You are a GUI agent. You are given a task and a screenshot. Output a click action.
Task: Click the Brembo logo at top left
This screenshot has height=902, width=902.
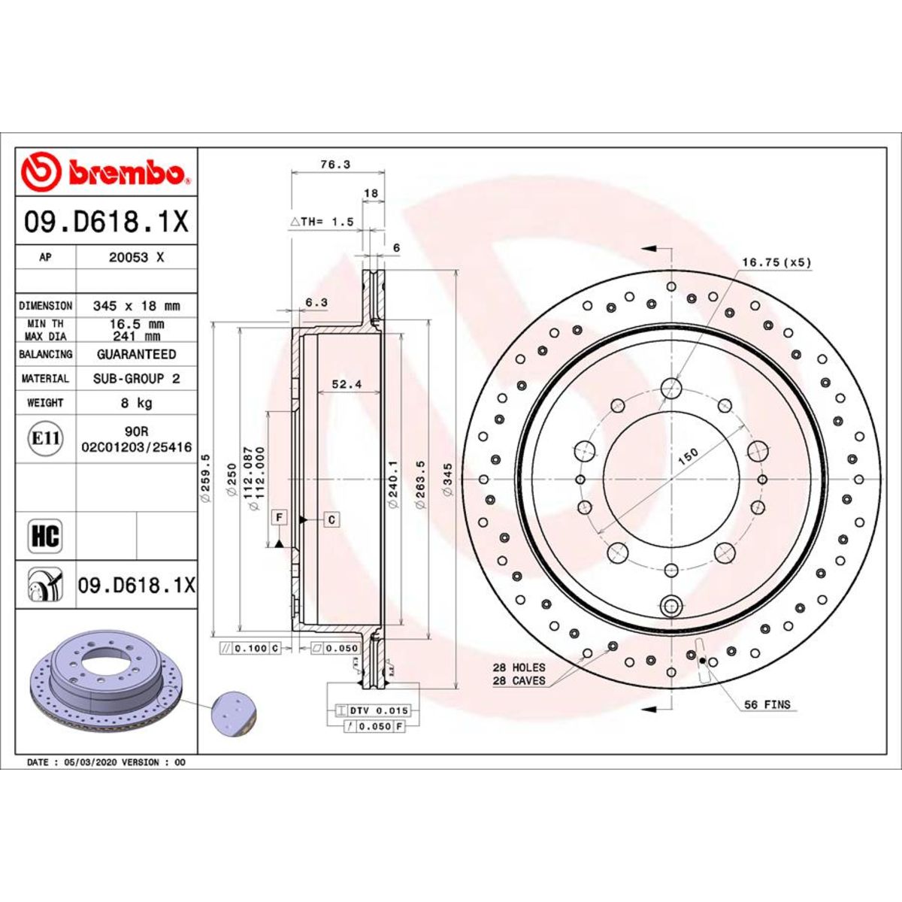pyautogui.click(x=105, y=172)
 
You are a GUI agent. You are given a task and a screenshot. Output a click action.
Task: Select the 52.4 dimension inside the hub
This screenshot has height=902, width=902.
pyautogui.click(x=347, y=384)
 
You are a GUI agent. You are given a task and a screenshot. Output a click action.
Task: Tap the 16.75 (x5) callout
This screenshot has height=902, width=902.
pyautogui.click(x=776, y=262)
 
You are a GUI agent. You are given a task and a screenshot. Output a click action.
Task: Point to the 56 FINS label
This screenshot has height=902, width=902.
pyautogui.click(x=767, y=704)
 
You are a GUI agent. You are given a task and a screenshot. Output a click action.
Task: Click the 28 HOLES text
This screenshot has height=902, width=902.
pyautogui.click(x=519, y=667)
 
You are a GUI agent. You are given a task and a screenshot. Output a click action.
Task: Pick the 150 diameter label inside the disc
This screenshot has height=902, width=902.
pyautogui.click(x=688, y=457)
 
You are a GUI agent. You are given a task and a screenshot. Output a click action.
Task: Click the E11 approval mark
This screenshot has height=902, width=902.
pyautogui.click(x=45, y=438)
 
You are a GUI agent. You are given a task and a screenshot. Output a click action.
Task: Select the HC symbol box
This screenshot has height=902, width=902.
pyautogui.click(x=45, y=537)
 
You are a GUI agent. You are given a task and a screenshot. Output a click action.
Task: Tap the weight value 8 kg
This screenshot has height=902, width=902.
pyautogui.click(x=136, y=403)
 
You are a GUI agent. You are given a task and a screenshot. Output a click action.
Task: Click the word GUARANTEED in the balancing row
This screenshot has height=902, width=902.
pyautogui.click(x=136, y=354)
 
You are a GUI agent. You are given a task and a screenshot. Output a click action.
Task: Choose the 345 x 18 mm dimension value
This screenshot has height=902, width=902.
pyautogui.click(x=136, y=306)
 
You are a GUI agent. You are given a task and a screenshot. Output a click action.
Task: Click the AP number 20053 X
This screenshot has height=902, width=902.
pyautogui.click(x=136, y=257)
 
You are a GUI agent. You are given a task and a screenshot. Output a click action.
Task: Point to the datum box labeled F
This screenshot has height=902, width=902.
pyautogui.click(x=279, y=517)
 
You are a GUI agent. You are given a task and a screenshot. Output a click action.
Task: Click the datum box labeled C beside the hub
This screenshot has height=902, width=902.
pyautogui.click(x=331, y=519)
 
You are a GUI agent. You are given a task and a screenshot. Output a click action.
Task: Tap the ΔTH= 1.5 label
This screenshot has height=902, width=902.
pyautogui.click(x=322, y=222)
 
